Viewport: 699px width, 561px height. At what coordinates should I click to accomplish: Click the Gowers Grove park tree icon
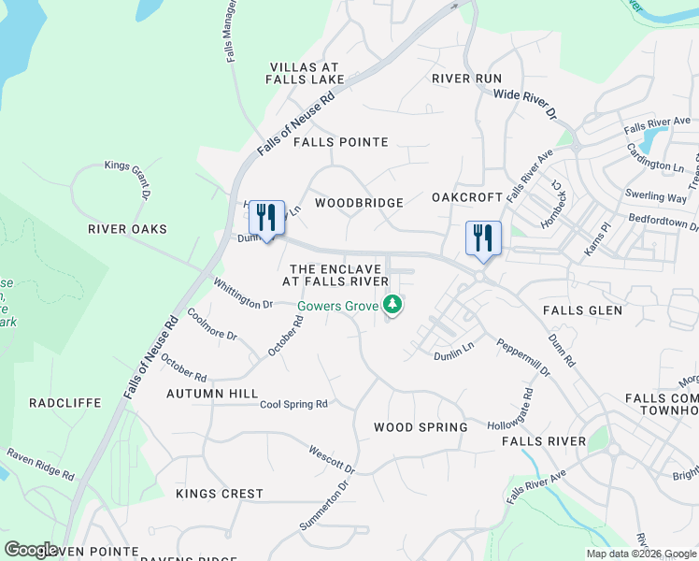pyautogui.click(x=394, y=304)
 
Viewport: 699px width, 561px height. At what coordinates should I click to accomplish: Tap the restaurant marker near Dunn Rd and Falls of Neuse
pyautogui.click(x=266, y=219)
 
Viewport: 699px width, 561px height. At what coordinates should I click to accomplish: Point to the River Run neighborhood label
pyautogui.click(x=466, y=79)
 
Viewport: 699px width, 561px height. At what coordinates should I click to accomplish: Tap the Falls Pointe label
pyautogui.click(x=340, y=142)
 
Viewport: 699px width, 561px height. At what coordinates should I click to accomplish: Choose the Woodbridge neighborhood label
pyautogui.click(x=359, y=203)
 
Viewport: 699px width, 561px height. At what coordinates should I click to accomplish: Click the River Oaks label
pyautogui.click(x=127, y=229)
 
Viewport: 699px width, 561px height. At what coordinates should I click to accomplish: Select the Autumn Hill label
pyautogui.click(x=212, y=394)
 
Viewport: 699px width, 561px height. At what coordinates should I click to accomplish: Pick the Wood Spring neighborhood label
pyautogui.click(x=421, y=427)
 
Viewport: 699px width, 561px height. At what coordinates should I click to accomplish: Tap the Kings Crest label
pyautogui.click(x=220, y=493)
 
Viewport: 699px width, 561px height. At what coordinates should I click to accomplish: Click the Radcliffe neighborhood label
pyautogui.click(x=64, y=403)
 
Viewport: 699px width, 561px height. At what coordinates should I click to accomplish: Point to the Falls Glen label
pyautogui.click(x=583, y=309)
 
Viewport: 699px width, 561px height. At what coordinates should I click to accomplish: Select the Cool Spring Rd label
pyautogui.click(x=293, y=405)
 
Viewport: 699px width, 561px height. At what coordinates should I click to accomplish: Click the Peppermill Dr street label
pyautogui.click(x=523, y=358)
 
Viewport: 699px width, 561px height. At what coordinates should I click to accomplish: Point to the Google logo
pyautogui.click(x=31, y=549)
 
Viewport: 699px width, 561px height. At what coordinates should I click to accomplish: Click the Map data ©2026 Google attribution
pyautogui.click(x=640, y=553)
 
